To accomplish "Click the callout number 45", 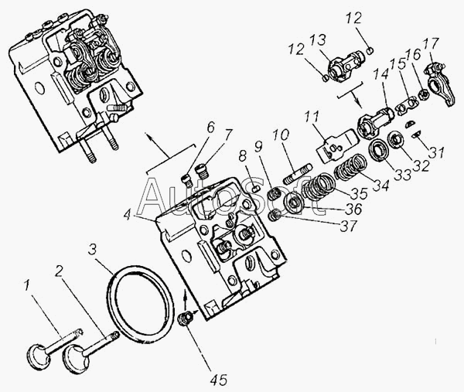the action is (219, 380).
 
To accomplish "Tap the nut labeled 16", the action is (422, 94).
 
